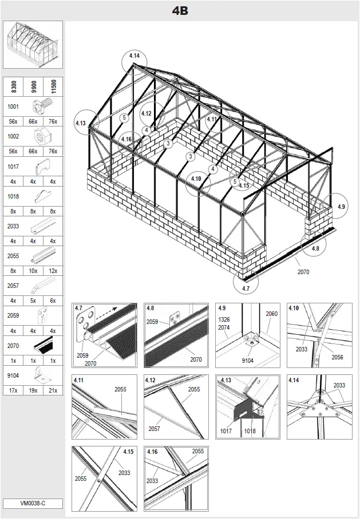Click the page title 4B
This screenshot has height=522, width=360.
pos(180,10)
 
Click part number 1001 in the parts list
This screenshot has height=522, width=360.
pos(13,106)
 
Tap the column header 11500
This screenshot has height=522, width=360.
pos(53,87)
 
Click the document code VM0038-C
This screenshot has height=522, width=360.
pos(33,504)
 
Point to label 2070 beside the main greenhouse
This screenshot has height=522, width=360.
pos(303,272)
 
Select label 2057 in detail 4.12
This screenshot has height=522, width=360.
pos(155,428)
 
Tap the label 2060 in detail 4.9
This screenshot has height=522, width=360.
pos(271,314)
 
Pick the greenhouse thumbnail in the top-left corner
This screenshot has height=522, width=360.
pos(33,45)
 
